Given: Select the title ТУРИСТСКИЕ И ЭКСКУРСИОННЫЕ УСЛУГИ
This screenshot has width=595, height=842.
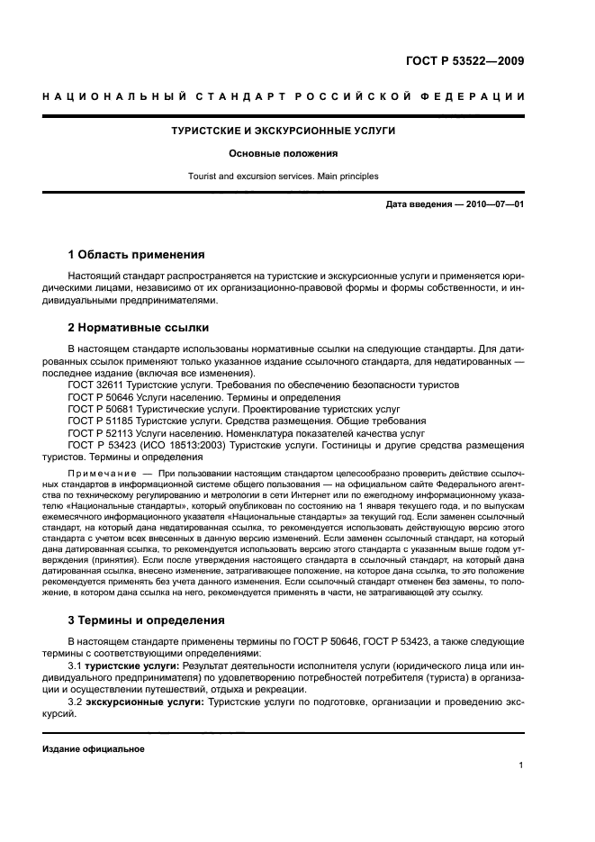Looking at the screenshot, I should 284,131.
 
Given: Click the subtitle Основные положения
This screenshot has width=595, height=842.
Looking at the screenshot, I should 283,153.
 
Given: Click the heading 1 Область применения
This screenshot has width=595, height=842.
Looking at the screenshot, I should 137,255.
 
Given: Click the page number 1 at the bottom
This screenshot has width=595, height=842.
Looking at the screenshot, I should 521,765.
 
